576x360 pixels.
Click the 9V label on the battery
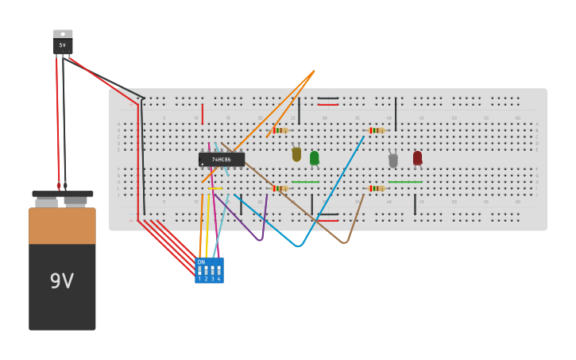click(x=62, y=281)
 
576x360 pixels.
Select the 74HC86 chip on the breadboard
click(x=222, y=160)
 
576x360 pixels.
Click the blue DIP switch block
click(x=210, y=270)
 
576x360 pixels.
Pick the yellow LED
click(x=296, y=154)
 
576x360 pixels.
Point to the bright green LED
click(x=315, y=158)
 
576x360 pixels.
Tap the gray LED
click(x=393, y=161)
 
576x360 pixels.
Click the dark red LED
click(x=418, y=158)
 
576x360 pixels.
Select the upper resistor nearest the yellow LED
click(x=278, y=130)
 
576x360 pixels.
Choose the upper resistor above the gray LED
click(x=376, y=130)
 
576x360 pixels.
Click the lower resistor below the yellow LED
click(x=278, y=188)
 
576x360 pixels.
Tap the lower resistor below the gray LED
click(x=376, y=188)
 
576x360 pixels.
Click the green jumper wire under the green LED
click(x=305, y=182)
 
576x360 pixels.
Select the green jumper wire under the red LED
click(x=405, y=182)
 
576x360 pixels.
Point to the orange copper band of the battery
click(x=62, y=226)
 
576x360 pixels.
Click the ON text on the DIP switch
click(x=201, y=262)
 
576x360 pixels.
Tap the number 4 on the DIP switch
click(x=218, y=279)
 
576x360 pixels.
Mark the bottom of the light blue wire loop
click(x=298, y=246)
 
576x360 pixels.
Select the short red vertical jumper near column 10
click(x=203, y=114)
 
